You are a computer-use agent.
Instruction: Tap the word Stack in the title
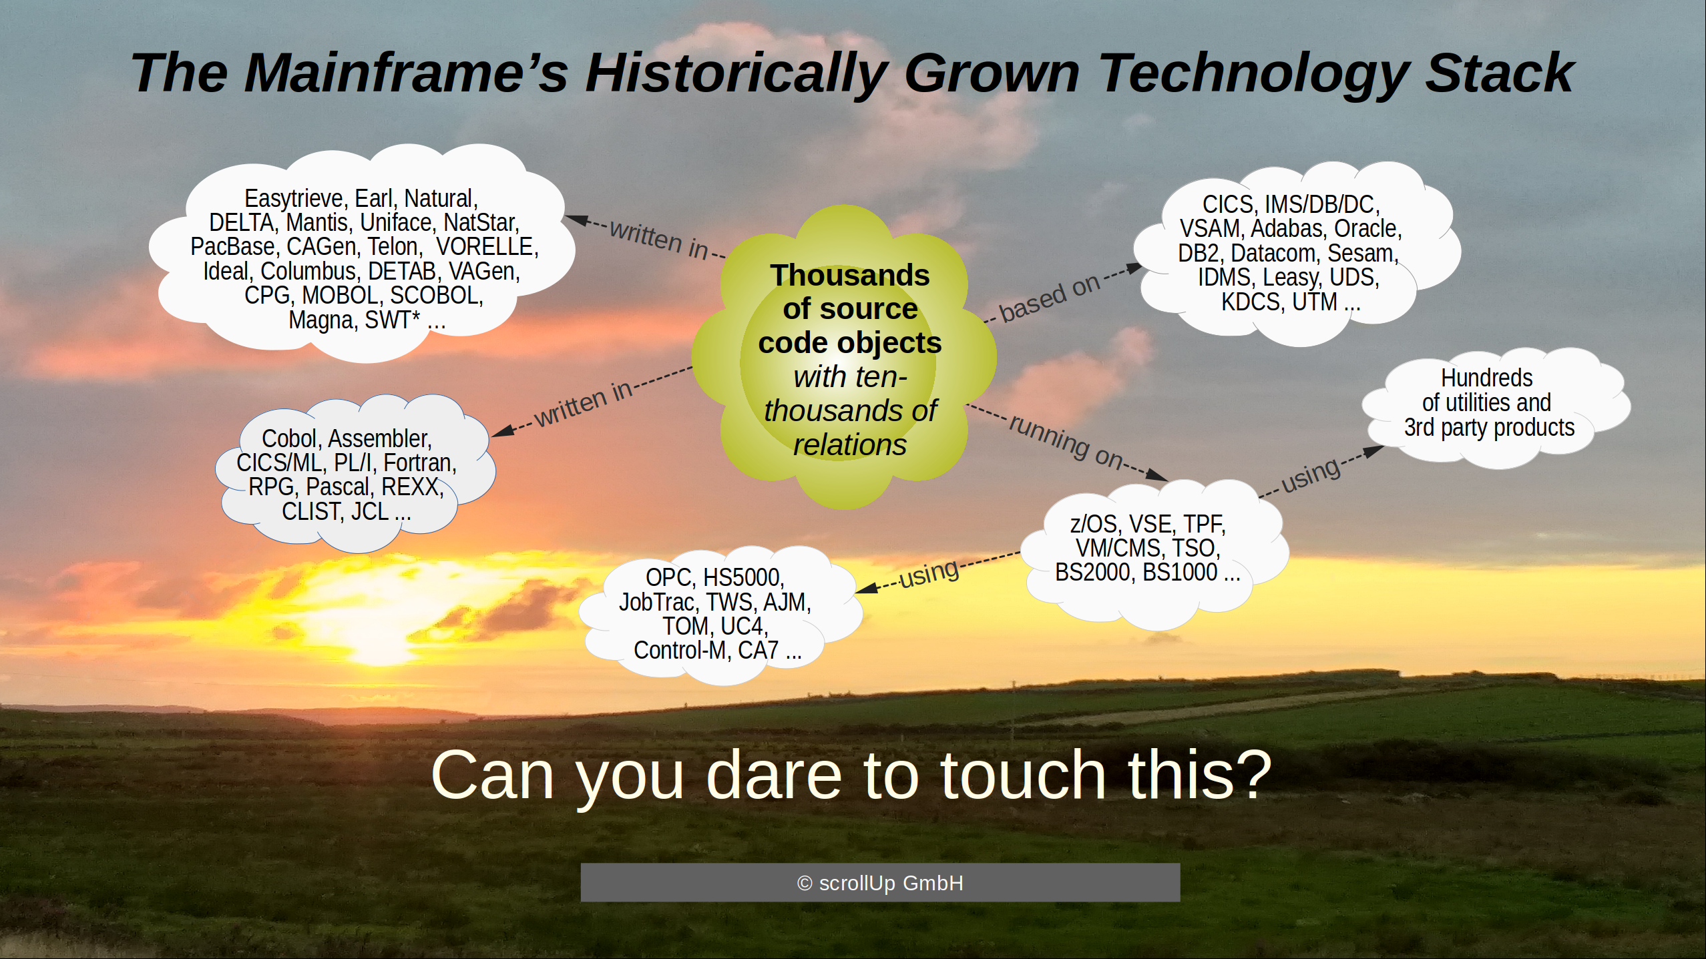(x=1500, y=73)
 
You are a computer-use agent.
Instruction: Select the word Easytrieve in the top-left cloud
(x=294, y=199)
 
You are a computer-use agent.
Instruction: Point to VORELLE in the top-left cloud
(x=487, y=247)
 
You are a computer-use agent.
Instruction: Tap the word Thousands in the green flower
(x=849, y=275)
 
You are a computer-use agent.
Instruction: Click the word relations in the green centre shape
(x=849, y=445)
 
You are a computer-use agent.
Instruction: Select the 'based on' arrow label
(x=1049, y=298)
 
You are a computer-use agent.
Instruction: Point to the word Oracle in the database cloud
(x=1367, y=229)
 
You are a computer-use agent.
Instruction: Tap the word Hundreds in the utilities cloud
(x=1486, y=378)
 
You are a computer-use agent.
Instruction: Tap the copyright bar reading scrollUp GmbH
(x=880, y=882)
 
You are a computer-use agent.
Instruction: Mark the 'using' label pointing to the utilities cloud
(x=1310, y=475)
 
